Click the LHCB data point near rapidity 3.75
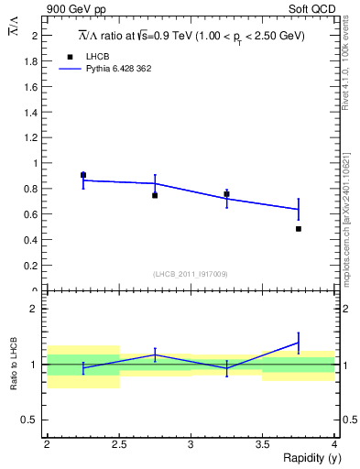299,228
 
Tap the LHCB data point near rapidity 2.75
155,195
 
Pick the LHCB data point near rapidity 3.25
226,194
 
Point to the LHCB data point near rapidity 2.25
83,175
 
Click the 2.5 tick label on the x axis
118,444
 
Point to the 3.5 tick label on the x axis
262,444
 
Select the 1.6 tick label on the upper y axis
35,87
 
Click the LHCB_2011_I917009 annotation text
191,274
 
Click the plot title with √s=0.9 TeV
191,35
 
